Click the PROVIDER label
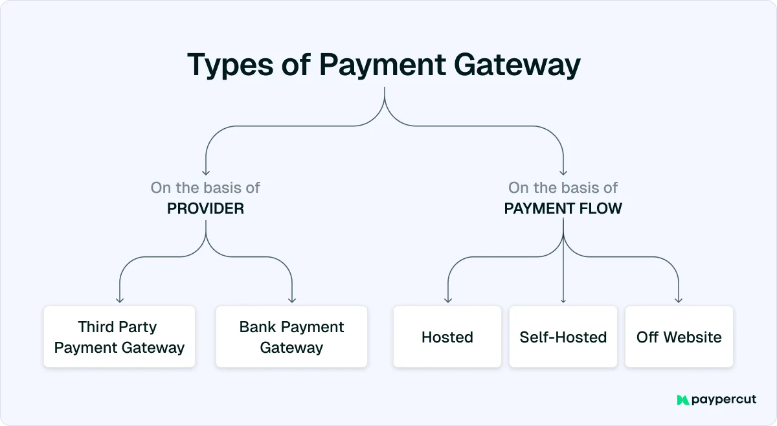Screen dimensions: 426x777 click(205, 209)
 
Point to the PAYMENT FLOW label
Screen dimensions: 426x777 click(563, 209)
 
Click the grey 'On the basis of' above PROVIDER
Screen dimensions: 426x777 click(205, 188)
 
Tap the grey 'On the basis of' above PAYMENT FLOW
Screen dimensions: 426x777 click(563, 188)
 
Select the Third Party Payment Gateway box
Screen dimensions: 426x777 click(119, 337)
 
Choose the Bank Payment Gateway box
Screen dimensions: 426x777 click(291, 337)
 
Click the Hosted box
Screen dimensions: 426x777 click(447, 337)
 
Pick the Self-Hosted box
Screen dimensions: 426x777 click(563, 337)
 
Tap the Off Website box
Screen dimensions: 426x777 click(679, 337)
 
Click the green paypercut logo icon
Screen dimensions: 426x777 click(682, 400)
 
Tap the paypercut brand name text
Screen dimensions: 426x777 click(724, 400)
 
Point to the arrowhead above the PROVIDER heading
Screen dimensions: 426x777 click(205, 173)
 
